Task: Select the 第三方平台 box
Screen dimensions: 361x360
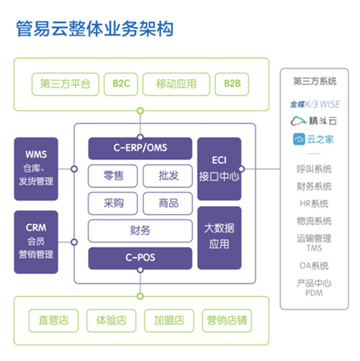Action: click(x=66, y=84)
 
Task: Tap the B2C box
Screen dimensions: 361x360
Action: click(x=121, y=84)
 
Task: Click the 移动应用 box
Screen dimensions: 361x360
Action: click(x=176, y=84)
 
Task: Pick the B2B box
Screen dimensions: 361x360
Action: click(x=232, y=84)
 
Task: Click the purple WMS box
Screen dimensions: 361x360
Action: click(x=36, y=168)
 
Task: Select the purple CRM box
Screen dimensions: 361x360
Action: click(x=36, y=242)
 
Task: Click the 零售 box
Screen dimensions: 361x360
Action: click(x=113, y=175)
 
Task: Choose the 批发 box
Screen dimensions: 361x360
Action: click(x=168, y=175)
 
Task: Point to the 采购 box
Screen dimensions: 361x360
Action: click(x=113, y=203)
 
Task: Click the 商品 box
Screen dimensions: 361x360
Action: click(x=168, y=203)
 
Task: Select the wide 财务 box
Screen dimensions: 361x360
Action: click(x=140, y=230)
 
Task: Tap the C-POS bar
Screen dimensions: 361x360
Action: click(x=140, y=258)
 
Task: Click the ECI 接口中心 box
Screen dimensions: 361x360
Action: click(x=219, y=168)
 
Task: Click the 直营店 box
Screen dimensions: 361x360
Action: click(x=54, y=320)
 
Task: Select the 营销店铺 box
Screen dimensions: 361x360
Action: click(x=227, y=320)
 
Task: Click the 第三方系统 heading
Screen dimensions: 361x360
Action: click(x=315, y=82)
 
